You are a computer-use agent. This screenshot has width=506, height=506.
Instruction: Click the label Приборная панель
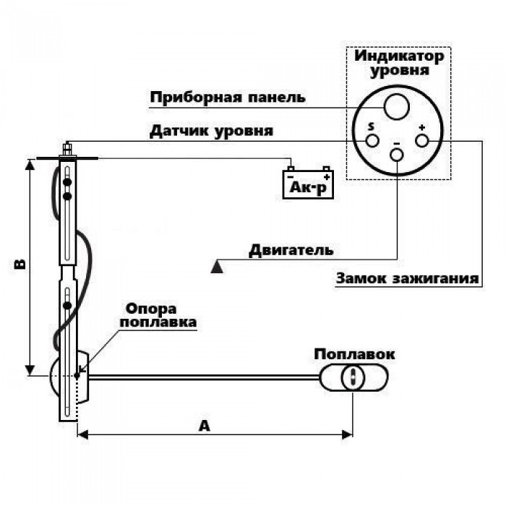click(228, 97)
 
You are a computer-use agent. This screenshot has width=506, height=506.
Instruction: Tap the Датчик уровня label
click(211, 131)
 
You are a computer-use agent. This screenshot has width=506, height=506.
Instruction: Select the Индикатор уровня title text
click(399, 64)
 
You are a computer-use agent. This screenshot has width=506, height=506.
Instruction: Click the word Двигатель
click(291, 250)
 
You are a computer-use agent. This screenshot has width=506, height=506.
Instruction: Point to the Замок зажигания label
click(407, 278)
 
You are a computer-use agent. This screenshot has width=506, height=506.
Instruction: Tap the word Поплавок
click(354, 354)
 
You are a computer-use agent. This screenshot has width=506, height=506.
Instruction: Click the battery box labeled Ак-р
click(308, 184)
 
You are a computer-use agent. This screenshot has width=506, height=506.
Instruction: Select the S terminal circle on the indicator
click(372, 141)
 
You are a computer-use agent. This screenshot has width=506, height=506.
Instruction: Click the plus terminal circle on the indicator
click(421, 141)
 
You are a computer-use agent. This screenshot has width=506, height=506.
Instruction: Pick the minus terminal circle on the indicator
click(397, 155)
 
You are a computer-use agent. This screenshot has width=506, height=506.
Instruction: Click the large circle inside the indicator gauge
click(397, 107)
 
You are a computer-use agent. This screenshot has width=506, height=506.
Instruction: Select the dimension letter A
click(205, 426)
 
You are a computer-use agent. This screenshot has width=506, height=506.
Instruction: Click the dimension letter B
click(20, 263)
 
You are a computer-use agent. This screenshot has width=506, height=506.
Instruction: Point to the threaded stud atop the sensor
click(67, 149)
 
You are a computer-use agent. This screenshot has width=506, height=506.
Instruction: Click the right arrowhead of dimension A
click(347, 434)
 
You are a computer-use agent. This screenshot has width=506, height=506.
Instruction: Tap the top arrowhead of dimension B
click(30, 165)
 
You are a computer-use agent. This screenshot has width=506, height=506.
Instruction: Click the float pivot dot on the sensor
click(77, 376)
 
